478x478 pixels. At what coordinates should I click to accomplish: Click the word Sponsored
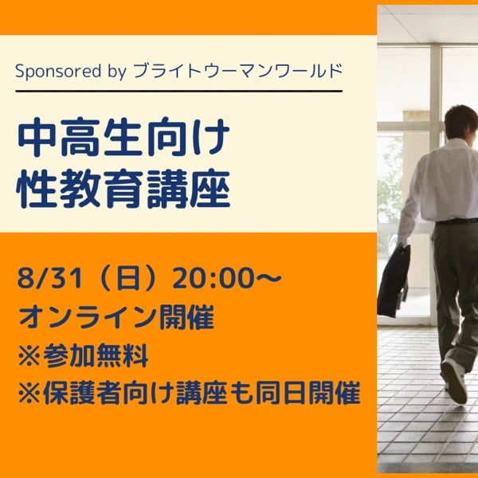[58, 72]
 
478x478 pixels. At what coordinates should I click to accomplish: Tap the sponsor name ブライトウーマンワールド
[238, 71]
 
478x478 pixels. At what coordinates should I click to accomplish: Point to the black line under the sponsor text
[179, 91]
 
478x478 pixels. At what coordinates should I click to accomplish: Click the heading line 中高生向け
[123, 137]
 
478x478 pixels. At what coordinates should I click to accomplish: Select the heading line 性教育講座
[123, 188]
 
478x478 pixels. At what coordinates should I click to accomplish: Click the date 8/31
[50, 279]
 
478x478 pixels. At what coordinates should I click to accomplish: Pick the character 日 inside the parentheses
[128, 279]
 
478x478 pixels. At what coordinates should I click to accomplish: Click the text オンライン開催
[116, 317]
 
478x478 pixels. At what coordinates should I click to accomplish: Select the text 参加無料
[96, 355]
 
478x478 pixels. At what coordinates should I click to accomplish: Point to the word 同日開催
[308, 392]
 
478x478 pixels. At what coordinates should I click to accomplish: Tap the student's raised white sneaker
[455, 380]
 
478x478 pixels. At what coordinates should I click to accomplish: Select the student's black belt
[456, 221]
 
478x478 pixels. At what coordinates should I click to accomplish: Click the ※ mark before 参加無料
[29, 356]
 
